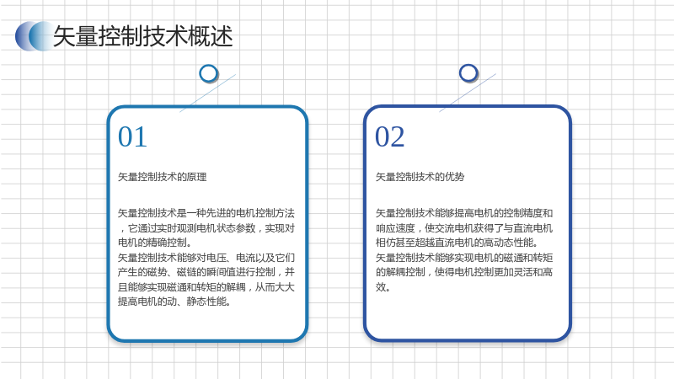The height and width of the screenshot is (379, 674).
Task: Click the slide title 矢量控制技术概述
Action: click(142, 36)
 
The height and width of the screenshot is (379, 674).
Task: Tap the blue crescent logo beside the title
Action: click(35, 36)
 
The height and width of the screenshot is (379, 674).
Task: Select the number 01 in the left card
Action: click(132, 136)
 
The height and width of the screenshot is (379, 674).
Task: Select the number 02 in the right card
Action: click(389, 136)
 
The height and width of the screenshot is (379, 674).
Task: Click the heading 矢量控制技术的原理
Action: click(162, 177)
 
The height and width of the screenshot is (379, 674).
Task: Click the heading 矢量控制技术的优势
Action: click(420, 177)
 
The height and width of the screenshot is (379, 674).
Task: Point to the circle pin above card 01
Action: click(208, 73)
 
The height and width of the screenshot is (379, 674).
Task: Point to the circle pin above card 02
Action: click(468, 73)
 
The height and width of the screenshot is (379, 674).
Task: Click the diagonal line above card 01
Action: click(207, 93)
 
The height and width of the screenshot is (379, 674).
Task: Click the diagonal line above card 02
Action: click(468, 93)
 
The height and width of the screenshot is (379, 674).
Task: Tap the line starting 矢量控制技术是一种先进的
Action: click(206, 213)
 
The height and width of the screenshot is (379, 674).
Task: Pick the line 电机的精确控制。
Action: click(155, 243)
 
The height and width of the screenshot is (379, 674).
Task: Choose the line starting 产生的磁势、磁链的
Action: click(206, 272)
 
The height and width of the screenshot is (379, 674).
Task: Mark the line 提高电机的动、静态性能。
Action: click(174, 302)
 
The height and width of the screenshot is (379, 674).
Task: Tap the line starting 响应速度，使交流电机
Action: click(464, 227)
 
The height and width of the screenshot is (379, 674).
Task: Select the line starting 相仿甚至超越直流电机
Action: click(457, 243)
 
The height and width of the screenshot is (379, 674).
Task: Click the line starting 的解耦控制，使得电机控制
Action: click(464, 272)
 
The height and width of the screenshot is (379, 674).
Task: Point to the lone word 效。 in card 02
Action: click(383, 286)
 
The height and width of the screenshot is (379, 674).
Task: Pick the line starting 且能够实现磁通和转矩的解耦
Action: click(206, 286)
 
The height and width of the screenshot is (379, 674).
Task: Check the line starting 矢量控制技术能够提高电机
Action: click(464, 213)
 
